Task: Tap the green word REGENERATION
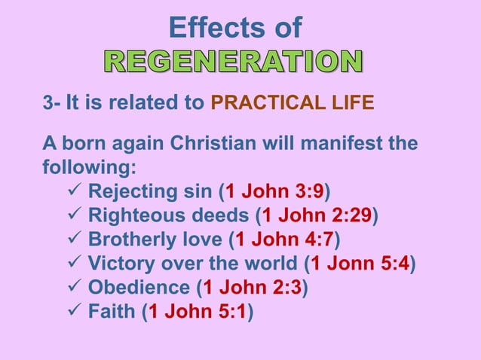232,63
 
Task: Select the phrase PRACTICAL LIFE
292,102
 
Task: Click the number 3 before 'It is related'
47,102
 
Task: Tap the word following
84,165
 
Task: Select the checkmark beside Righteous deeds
75,216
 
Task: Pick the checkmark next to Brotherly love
75,240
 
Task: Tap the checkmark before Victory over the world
75,264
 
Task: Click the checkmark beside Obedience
75,287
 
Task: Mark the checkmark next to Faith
75,311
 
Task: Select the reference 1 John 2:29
317,216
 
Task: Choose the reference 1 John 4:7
284,240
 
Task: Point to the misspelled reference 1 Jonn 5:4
360,264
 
